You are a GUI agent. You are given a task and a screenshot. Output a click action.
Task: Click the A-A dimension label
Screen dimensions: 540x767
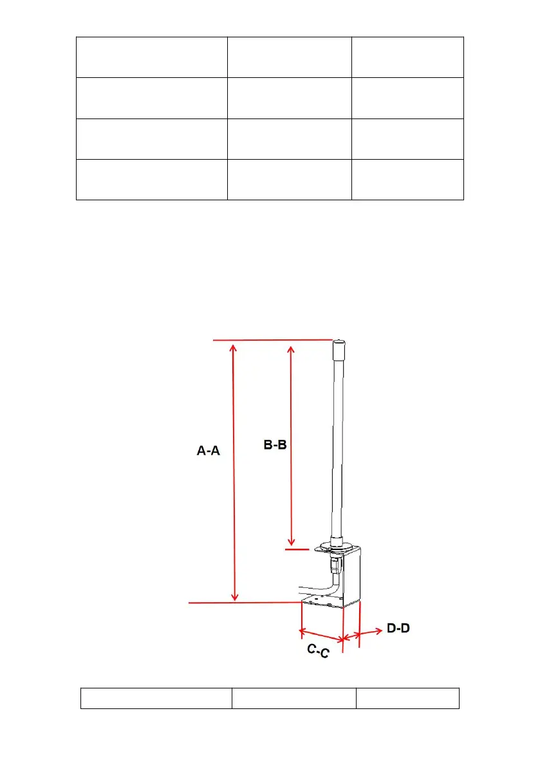[x=208, y=451]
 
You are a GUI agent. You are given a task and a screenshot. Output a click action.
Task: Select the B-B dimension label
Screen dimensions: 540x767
[x=275, y=444]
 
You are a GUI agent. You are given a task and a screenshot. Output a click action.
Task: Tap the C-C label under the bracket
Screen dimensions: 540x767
[x=318, y=650]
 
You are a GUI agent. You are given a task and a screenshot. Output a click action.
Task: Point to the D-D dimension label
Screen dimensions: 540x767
[x=398, y=628]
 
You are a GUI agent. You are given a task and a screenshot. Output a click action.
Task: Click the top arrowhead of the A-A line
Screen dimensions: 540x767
[x=234, y=348]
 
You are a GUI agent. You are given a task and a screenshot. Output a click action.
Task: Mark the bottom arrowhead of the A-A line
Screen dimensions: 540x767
[x=234, y=596]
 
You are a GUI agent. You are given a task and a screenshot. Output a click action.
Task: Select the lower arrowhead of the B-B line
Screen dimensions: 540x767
[x=292, y=541]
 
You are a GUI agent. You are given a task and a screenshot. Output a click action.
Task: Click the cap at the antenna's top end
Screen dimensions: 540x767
[x=339, y=350]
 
